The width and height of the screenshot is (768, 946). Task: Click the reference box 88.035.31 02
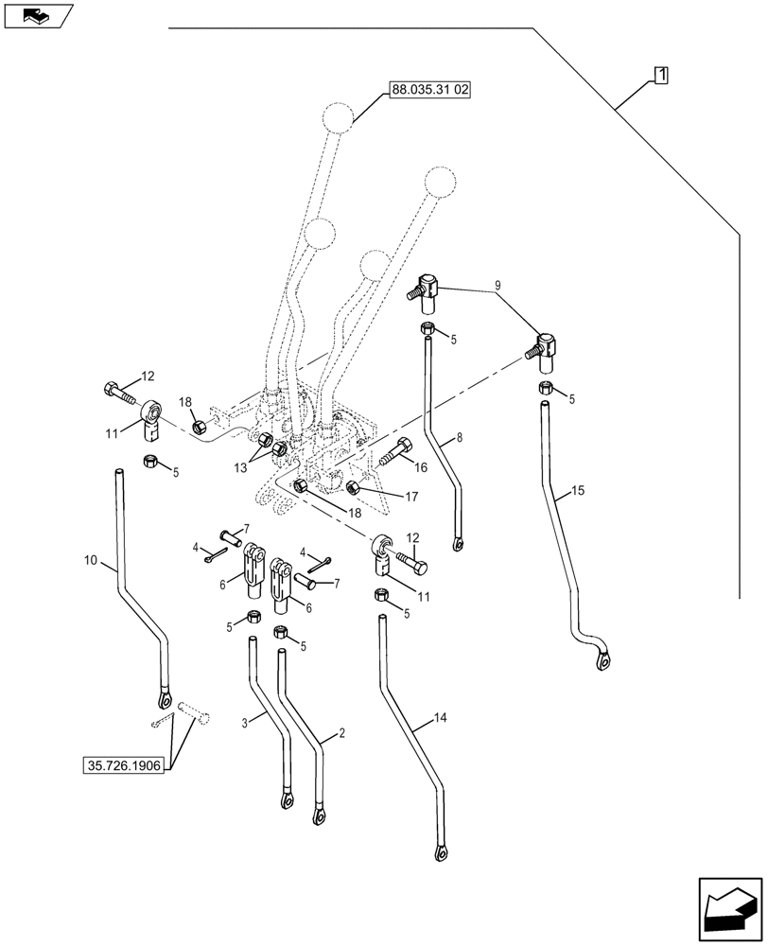[x=431, y=91]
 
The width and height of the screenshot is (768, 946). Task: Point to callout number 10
[x=90, y=562]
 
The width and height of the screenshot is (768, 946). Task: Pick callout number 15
[x=578, y=493]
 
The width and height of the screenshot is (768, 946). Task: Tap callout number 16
[x=420, y=467]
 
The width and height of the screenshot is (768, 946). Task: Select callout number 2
[x=340, y=734]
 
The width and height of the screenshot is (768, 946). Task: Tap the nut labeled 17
[x=354, y=488]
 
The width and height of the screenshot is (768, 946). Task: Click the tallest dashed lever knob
[x=337, y=118]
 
